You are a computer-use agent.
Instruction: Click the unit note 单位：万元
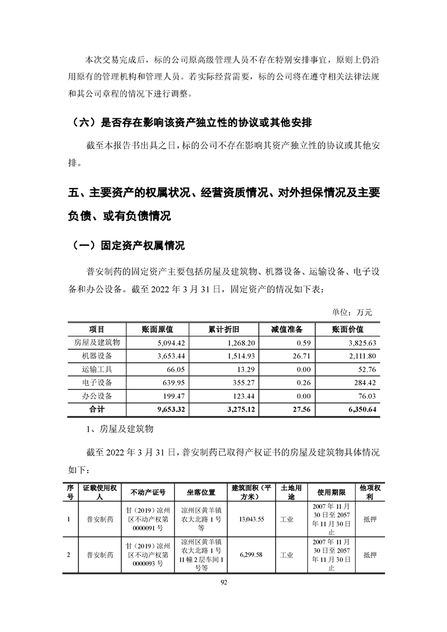353,311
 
